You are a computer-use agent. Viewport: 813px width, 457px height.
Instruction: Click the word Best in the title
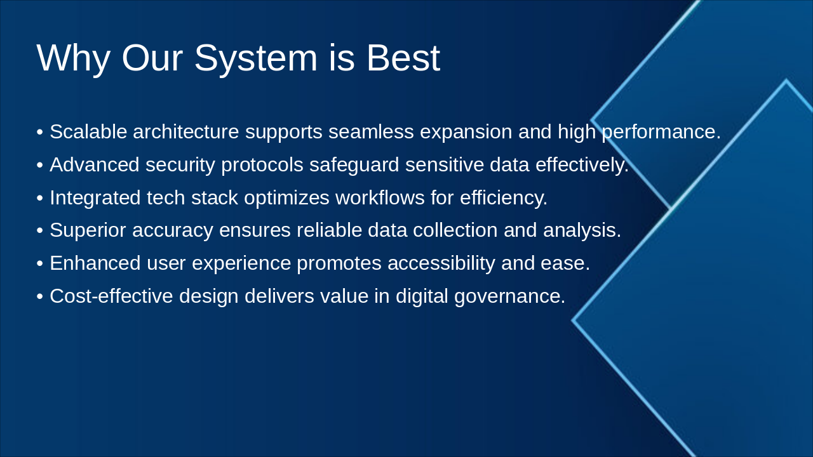point(403,58)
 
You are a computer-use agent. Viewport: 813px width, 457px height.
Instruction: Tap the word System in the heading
point(255,58)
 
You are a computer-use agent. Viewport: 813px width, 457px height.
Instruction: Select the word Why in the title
point(73,58)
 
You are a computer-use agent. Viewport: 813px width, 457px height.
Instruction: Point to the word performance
point(661,132)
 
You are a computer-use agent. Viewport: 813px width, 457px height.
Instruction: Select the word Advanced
point(94,165)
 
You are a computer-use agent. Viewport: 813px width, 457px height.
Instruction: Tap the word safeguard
point(354,165)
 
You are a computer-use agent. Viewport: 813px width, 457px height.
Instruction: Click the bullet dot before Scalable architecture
point(40,133)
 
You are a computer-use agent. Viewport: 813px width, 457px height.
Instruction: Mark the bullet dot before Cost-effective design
point(40,296)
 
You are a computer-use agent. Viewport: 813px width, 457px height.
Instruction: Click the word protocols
point(262,165)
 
